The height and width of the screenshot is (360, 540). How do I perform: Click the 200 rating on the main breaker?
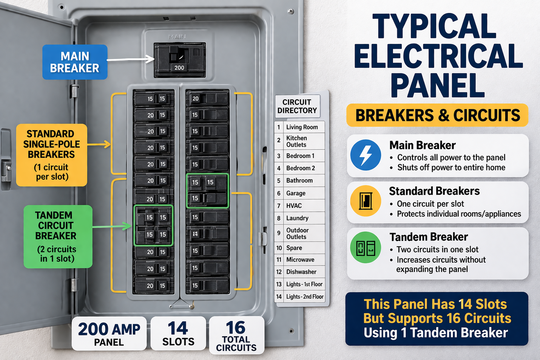pos(179,68)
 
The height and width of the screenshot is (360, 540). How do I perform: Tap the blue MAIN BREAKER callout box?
pos(75,62)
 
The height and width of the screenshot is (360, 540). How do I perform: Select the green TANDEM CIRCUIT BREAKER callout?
pos(58,237)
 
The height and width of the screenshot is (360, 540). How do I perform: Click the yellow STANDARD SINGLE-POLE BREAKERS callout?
pos(52,155)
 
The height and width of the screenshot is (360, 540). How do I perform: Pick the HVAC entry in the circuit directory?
pos(294,206)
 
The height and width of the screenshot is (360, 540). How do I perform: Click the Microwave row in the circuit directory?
pos(300,260)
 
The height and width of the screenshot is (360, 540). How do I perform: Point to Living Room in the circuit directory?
pos(302,127)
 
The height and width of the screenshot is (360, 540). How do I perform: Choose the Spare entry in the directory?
pos(294,248)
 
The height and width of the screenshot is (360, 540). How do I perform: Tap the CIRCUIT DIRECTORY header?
pos(297,106)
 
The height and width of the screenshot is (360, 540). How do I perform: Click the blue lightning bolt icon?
pos(366,155)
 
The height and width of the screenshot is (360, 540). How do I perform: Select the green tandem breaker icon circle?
pos(366,247)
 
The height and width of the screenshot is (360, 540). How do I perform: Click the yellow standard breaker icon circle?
pos(366,201)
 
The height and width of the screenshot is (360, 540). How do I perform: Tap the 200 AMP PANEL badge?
pos(109,334)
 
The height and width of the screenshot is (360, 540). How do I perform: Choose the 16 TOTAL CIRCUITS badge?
pos(237,335)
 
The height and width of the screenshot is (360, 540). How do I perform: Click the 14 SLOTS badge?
pos(178,334)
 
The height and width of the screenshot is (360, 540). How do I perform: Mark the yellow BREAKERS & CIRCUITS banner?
pos(437,115)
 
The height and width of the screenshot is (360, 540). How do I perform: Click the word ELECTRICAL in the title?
pos(438,56)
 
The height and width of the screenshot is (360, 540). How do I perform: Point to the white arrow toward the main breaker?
pos(130,59)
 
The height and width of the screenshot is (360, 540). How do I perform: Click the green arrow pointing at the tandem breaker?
pos(112,226)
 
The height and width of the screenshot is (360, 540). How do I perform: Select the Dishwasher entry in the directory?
pos(301,272)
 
